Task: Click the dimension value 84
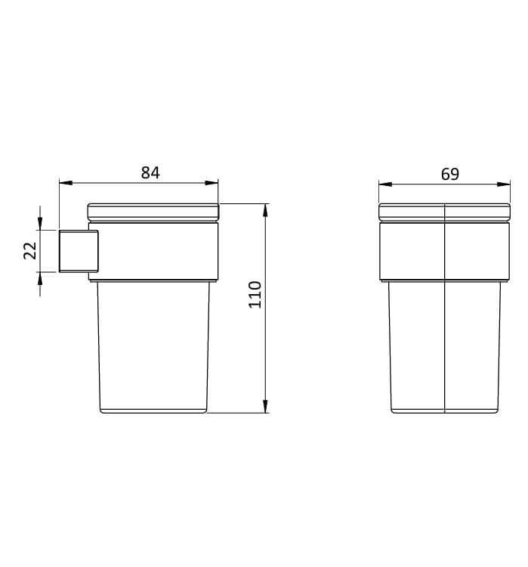click(x=150, y=172)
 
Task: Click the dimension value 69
click(x=449, y=174)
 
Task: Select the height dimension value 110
click(x=255, y=293)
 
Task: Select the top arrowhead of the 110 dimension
click(x=266, y=209)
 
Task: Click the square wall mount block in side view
click(x=78, y=250)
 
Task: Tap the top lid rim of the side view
click(x=153, y=211)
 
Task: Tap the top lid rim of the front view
click(x=444, y=212)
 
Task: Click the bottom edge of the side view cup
click(x=153, y=412)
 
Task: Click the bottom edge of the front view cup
click(x=444, y=412)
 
